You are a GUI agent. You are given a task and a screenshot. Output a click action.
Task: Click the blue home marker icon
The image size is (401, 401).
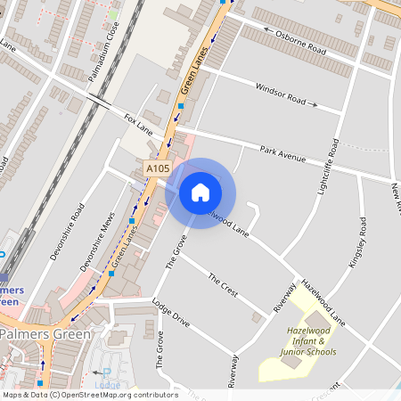click(200, 192)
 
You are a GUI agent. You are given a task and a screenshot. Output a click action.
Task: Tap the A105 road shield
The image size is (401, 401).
click(158, 168)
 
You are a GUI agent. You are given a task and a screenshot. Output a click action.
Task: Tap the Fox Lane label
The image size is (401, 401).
click(139, 119)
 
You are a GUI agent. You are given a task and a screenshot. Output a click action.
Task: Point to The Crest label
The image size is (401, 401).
click(223, 287)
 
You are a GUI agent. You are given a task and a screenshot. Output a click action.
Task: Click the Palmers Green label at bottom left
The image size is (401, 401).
click(45, 334)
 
